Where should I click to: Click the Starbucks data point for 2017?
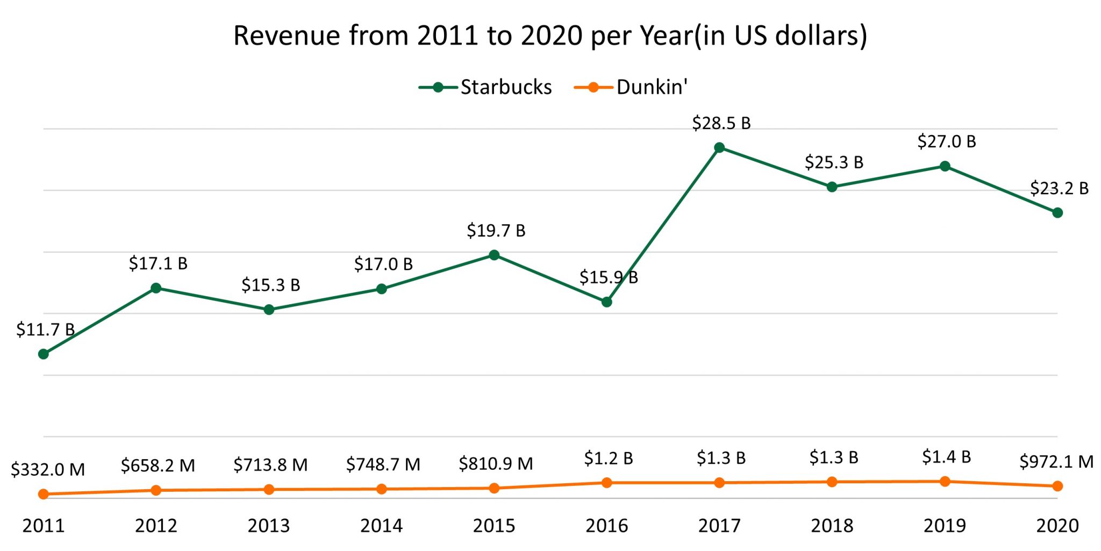tap(719, 148)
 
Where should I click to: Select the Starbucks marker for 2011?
tap(44, 354)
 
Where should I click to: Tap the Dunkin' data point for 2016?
tap(606, 483)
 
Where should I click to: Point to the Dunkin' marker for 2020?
tap(1057, 486)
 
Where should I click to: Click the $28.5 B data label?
tap(721, 123)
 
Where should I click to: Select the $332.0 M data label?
tap(48, 469)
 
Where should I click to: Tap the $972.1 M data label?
tap(1056, 461)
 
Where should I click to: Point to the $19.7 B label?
tap(496, 231)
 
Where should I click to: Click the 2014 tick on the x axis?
tap(381, 525)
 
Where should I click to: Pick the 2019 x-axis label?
tap(945, 525)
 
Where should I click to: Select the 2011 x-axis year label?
tap(44, 525)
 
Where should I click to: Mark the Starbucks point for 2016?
tap(606, 302)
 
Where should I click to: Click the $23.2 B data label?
tap(1059, 189)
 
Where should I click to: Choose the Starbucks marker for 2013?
tap(269, 310)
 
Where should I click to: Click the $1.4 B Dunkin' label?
tap(946, 457)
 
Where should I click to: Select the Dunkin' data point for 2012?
tap(156, 490)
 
